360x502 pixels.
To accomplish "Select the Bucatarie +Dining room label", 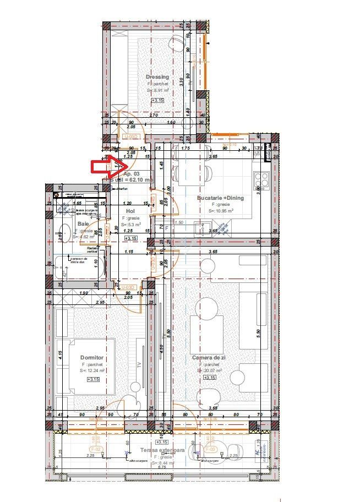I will point(220,198).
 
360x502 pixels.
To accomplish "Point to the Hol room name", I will point(130,211).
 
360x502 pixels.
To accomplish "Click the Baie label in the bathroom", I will point(83,224).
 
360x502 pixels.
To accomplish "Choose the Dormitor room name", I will point(91,357).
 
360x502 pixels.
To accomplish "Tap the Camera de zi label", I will point(209,357).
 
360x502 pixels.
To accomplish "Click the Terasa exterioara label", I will point(162,450).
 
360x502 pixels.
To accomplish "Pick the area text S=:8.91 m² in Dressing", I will point(157,90).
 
